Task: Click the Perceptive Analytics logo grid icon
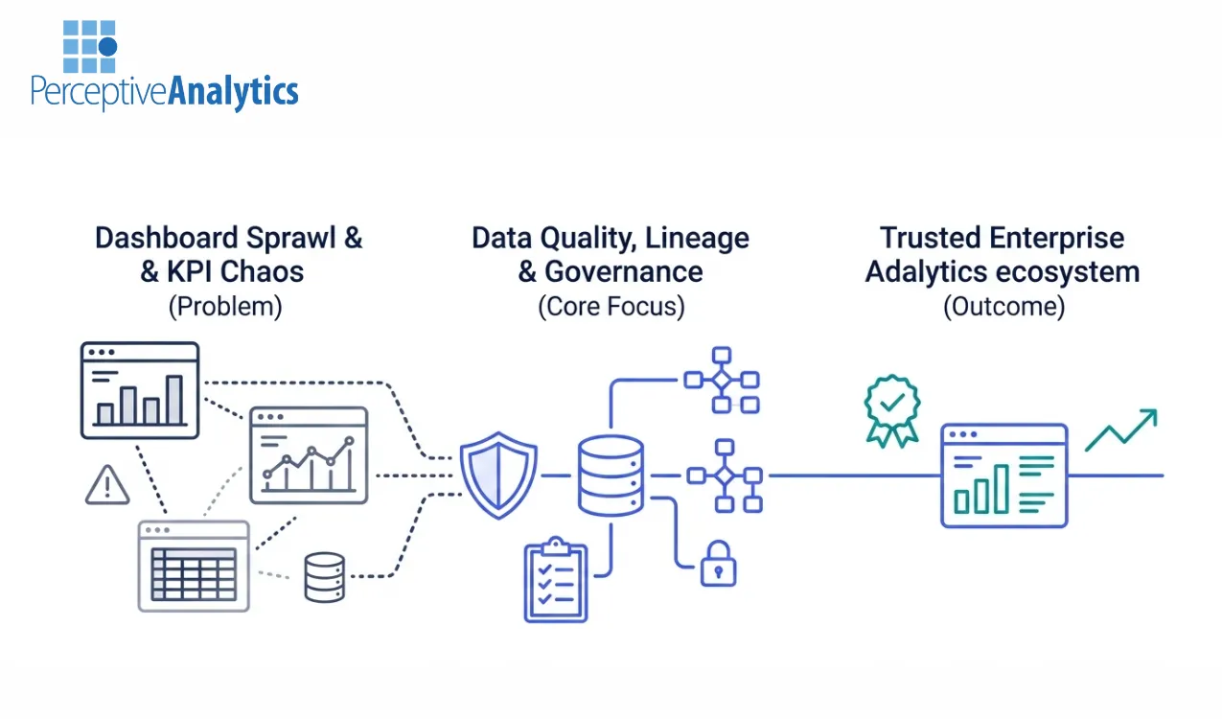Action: [89, 47]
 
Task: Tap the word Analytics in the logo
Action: [233, 92]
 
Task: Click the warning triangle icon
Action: [107, 485]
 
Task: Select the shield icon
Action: [498, 475]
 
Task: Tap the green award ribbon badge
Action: [891, 411]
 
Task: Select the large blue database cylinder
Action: [611, 475]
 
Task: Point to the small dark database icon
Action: [324, 576]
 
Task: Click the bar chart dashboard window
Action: [140, 390]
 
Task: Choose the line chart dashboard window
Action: [309, 455]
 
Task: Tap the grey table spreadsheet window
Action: [194, 566]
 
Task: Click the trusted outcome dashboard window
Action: [1003, 475]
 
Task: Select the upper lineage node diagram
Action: [722, 380]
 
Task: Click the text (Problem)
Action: [227, 307]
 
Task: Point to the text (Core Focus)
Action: [611, 307]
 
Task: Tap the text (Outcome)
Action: [1003, 307]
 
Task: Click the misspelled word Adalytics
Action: [926, 271]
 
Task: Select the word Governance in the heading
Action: [624, 271]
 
